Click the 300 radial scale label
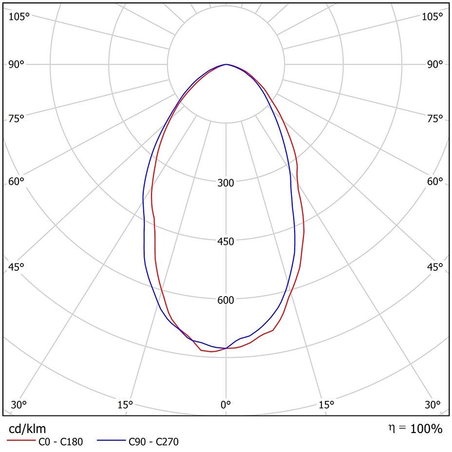pyautogui.click(x=226, y=183)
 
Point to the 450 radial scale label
pyautogui.click(x=226, y=242)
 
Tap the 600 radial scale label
pyautogui.click(x=226, y=300)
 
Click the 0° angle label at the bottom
pyautogui.click(x=226, y=404)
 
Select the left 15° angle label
pyautogui.click(x=125, y=404)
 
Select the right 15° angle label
pyautogui.click(x=326, y=404)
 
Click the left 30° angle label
pyautogui.click(x=19, y=404)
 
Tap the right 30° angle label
pyautogui.click(x=433, y=404)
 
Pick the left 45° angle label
pyautogui.click(x=17, y=266)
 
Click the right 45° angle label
pyautogui.click(x=435, y=266)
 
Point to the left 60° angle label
pyautogui.click(x=17, y=181)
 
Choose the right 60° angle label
pyautogui.click(x=435, y=181)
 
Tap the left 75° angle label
pyautogui.click(x=17, y=118)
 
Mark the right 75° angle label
pyautogui.click(x=435, y=118)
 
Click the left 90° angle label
pyautogui.click(x=17, y=64)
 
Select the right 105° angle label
pyautogui.click(x=433, y=17)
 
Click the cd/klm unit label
pyautogui.click(x=28, y=429)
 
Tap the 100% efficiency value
pyautogui.click(x=426, y=429)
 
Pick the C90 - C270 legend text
pyautogui.click(x=154, y=442)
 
